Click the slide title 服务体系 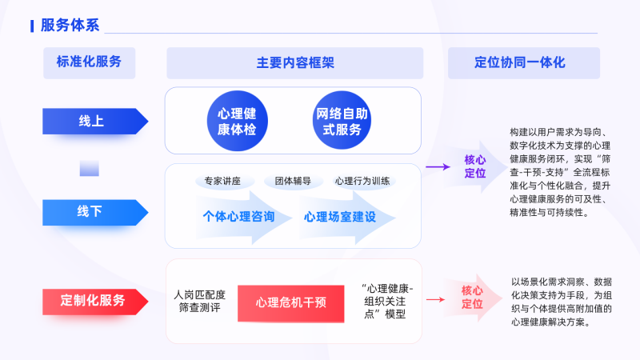(70, 25)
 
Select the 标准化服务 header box (89, 62)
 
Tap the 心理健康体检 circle (237, 120)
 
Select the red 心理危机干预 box (291, 302)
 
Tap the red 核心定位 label (473, 298)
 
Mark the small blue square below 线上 (89, 166)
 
